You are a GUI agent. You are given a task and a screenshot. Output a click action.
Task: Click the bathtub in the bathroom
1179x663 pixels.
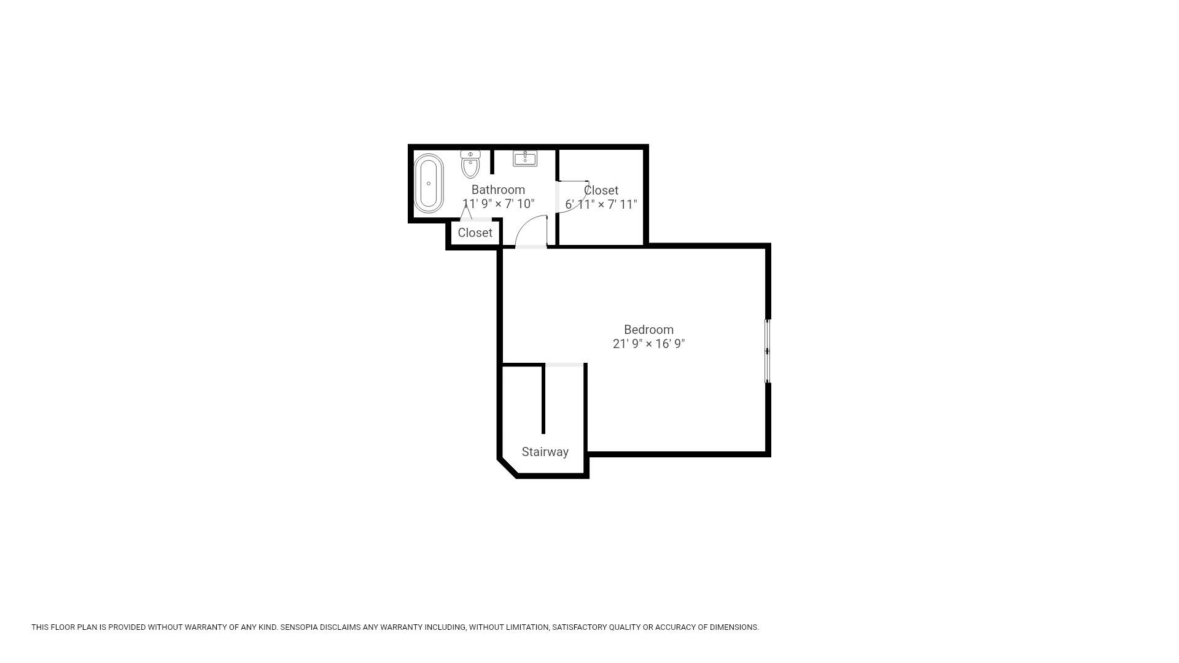(429, 184)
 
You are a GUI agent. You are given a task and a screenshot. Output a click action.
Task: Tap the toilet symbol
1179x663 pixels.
(470, 164)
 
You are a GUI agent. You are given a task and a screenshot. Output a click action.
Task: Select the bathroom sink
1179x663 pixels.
(525, 158)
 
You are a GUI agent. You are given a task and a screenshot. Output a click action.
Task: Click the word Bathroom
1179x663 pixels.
(498, 190)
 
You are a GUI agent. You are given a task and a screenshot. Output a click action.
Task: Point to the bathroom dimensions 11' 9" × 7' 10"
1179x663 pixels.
(499, 204)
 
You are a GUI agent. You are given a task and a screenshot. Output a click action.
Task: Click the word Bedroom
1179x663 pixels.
(648, 330)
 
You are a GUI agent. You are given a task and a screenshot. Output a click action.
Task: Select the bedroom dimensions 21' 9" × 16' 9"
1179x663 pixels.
(648, 344)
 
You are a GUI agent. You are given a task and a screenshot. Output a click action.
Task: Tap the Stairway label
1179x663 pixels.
(545, 452)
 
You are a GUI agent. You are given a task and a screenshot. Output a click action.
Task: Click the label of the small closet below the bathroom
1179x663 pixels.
(475, 233)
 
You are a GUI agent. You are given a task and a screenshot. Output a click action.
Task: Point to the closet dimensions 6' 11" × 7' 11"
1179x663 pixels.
(601, 204)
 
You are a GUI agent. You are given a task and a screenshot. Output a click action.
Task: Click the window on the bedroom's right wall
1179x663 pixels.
(767, 351)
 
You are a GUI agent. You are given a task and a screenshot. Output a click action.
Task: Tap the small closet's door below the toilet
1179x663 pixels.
(467, 212)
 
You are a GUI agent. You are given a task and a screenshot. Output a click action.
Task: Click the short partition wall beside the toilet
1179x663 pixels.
(492, 161)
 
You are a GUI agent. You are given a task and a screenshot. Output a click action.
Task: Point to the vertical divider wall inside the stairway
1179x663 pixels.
(543, 399)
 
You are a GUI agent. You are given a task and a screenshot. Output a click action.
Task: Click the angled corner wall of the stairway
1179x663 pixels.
(508, 468)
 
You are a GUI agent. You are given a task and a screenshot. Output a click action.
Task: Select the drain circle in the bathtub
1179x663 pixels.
(429, 184)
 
